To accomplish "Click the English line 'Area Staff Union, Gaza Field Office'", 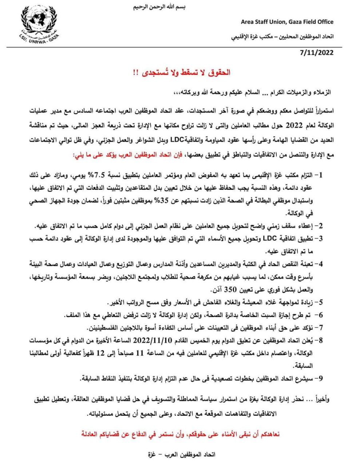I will click(x=287, y=22).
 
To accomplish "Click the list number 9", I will click(x=319, y=379).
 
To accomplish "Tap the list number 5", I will click(x=319, y=302).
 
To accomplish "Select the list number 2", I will click(x=319, y=226).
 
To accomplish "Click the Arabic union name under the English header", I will click(x=282, y=37).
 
